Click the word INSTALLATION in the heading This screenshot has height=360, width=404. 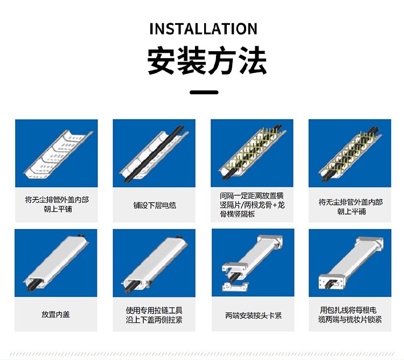point(203,29)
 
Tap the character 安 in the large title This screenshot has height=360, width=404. point(162,60)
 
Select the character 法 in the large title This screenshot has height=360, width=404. point(252,60)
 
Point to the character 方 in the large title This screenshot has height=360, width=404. point(222,60)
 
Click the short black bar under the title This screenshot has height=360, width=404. point(204,92)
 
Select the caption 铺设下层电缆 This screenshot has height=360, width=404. point(155,205)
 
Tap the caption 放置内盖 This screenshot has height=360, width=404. point(55,314)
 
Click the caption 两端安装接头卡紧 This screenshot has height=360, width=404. point(253,315)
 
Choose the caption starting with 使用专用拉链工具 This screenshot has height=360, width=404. point(154,315)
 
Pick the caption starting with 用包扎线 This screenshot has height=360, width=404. point(350,315)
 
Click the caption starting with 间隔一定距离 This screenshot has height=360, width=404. point(252,205)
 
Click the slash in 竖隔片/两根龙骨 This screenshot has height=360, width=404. point(242,205)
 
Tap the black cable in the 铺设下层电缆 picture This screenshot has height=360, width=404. point(155,154)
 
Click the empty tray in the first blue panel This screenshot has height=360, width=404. point(58,154)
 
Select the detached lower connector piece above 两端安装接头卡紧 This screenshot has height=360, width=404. point(235,286)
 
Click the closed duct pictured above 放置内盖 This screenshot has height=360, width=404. point(57,262)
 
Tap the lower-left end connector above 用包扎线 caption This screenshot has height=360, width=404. point(332,282)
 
